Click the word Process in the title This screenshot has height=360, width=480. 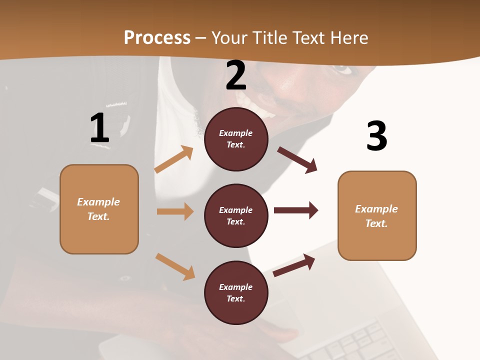coord(157,38)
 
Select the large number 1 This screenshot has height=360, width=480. coord(99,128)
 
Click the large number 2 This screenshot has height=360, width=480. coord(236,76)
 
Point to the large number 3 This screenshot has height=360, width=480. coord(377,136)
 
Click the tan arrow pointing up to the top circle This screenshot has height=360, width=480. coord(173,160)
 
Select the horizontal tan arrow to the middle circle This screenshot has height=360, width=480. coord(175,211)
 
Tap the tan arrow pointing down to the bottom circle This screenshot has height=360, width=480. coord(175,266)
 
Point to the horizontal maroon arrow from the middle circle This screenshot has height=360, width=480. coord(296,210)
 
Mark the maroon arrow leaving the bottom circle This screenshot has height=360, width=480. coord(294,265)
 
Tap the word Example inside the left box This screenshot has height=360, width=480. coord(98,202)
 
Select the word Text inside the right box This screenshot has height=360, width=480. coord(376,223)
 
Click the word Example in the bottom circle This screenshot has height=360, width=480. coord(236,287)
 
